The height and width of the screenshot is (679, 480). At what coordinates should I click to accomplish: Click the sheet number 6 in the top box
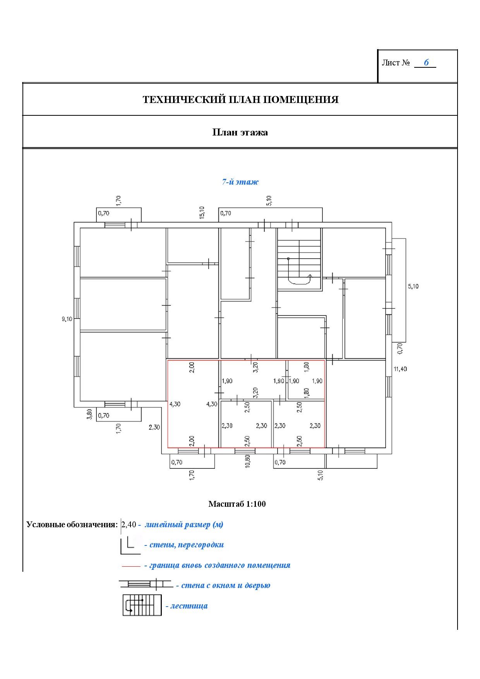coord(426,62)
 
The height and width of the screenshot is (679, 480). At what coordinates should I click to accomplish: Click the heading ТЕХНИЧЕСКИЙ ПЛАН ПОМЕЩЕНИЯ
coord(240,99)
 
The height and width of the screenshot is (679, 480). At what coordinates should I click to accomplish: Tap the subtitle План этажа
coord(240,132)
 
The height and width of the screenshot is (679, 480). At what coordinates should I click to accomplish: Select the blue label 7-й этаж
coord(240,182)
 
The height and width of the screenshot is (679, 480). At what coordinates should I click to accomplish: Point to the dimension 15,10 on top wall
coord(202,213)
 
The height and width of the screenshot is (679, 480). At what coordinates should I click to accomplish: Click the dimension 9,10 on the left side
coord(67,319)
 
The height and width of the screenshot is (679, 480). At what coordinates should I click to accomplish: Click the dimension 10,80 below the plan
coord(248,461)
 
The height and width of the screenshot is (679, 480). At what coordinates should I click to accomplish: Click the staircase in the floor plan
coord(299,259)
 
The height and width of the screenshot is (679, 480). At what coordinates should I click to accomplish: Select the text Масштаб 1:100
coord(237,504)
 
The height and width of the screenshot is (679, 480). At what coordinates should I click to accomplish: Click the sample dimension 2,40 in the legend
coord(129,525)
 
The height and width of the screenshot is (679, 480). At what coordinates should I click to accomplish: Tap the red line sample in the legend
coord(131,566)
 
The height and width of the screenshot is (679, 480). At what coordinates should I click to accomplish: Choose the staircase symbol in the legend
coord(142,605)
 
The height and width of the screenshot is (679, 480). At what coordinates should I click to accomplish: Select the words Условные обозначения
coord(72,525)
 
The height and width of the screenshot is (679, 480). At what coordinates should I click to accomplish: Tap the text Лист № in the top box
coord(396,63)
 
